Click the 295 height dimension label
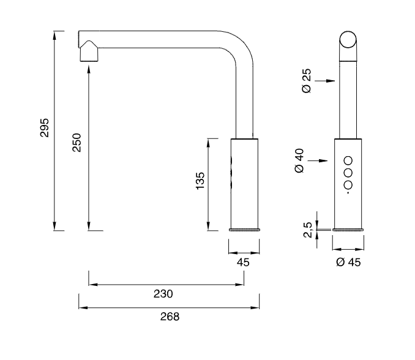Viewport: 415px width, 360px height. point(43,127)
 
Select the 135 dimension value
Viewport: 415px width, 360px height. point(200,181)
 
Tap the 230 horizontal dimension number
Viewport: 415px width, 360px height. point(163,293)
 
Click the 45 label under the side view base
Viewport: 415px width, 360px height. point(243,261)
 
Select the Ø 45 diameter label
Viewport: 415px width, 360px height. point(347,262)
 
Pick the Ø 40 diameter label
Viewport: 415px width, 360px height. point(300,160)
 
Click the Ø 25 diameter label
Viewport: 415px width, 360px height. point(307,80)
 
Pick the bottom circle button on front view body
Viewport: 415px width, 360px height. point(348,185)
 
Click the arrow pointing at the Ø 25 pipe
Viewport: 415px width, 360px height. point(329,80)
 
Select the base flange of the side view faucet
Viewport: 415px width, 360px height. point(244,230)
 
